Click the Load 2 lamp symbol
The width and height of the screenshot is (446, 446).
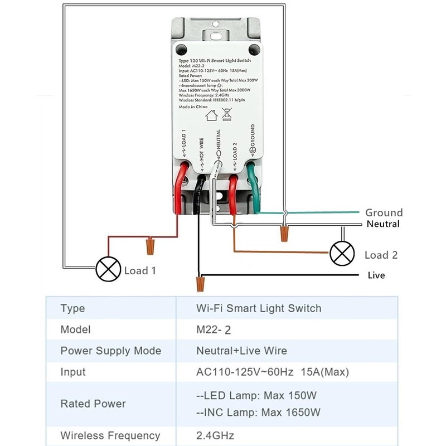tap(342, 254)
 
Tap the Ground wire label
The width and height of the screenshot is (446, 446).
tap(384, 212)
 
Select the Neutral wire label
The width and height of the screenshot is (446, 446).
tap(383, 224)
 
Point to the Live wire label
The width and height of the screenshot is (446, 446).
tap(376, 275)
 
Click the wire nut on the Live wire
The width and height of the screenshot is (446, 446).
tap(199, 283)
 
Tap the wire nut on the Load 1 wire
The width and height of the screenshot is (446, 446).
tap(149, 244)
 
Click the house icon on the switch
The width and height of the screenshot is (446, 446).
tap(211, 116)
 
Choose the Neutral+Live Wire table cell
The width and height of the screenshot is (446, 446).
tap(241, 351)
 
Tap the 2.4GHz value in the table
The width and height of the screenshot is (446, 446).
tap(215, 435)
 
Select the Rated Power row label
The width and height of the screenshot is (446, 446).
tap(93, 404)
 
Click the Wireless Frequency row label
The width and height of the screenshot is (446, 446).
tap(110, 435)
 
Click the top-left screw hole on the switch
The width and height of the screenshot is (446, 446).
tap(181, 49)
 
